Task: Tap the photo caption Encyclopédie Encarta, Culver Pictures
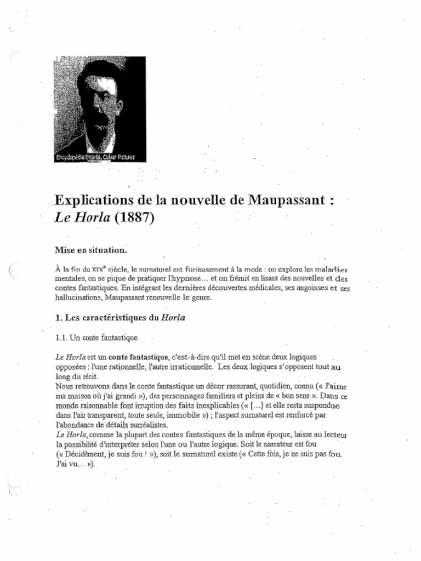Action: coord(94,158)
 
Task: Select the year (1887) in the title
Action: coord(135,217)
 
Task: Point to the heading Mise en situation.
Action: coord(90,250)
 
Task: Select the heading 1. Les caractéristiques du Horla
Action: coord(120,317)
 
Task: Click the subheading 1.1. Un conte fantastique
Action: coord(96,337)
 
